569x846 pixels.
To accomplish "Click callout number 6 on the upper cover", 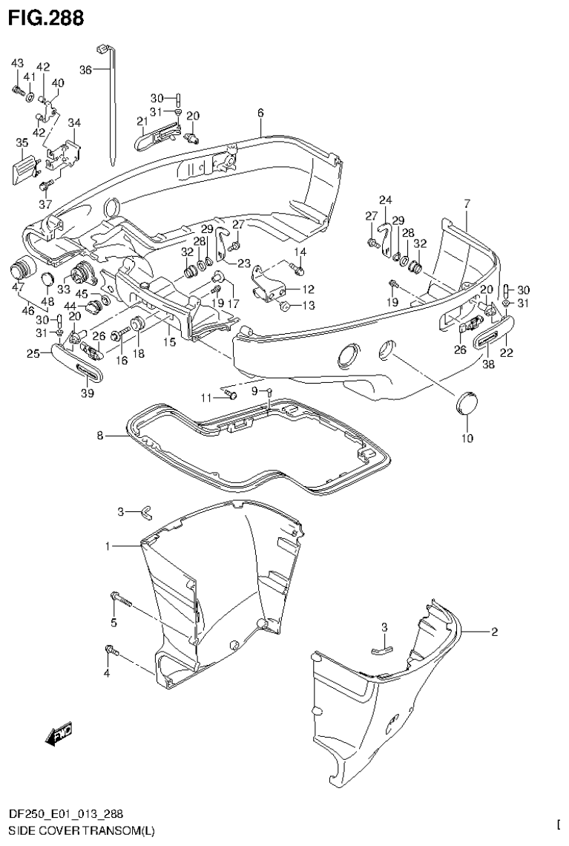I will click(260, 113).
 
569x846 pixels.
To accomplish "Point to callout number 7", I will click(467, 203).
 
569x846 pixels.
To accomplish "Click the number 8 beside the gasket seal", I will click(100, 436).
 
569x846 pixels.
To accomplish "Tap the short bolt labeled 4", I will click(111, 651).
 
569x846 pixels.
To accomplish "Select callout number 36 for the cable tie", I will click(85, 69).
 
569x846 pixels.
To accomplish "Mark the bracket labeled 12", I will click(272, 281).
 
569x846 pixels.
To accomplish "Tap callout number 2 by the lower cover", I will click(493, 632).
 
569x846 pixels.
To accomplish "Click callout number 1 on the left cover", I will click(108, 546).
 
